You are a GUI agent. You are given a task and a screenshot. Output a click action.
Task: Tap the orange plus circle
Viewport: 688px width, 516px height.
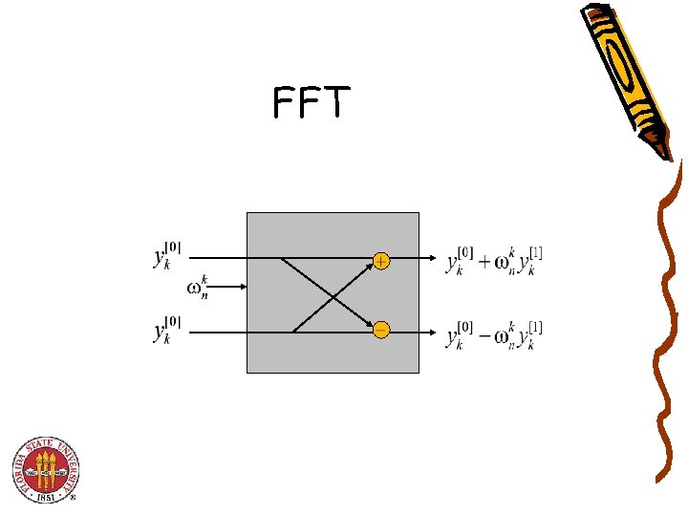(x=381, y=261)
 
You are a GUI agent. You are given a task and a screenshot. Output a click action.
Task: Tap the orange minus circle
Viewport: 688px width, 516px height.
(x=381, y=331)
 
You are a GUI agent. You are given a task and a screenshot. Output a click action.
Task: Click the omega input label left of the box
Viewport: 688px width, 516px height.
(x=199, y=287)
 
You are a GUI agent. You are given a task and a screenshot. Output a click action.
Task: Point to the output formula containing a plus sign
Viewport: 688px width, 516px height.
(x=494, y=260)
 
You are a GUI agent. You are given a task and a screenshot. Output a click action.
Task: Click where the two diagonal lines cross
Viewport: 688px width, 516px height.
(x=332, y=295)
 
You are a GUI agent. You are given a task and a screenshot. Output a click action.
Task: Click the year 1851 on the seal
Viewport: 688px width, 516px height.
(x=46, y=496)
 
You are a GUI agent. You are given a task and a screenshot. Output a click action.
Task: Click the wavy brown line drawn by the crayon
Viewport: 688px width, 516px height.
(x=665, y=325)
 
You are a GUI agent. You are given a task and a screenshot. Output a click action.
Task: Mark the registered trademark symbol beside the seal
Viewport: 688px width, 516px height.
(x=73, y=498)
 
